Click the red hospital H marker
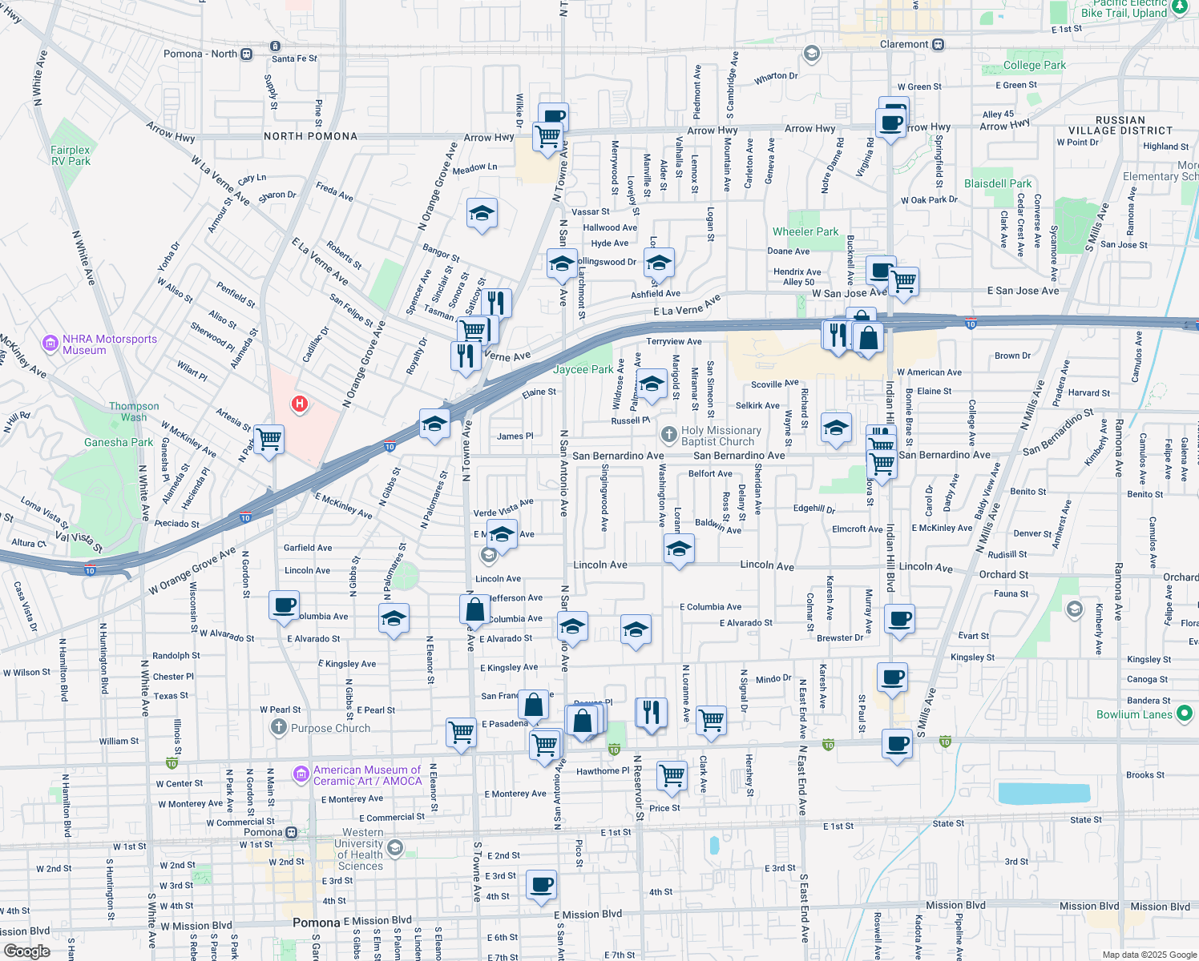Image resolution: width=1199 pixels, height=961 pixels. point(300,404)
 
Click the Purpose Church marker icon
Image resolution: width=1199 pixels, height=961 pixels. point(278,727)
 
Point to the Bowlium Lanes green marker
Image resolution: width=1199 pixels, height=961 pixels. point(1185,713)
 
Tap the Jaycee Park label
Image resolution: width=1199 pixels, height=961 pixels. point(583,369)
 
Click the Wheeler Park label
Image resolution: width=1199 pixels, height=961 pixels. point(805,231)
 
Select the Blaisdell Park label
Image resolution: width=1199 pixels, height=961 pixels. point(997,183)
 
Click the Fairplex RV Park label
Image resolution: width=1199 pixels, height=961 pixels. point(71,155)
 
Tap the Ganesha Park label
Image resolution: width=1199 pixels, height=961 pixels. point(119,442)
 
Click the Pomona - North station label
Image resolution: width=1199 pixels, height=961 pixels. point(200,54)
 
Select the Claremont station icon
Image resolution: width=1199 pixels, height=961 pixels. point(938,45)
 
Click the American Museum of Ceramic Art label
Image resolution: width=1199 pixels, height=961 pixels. point(367,775)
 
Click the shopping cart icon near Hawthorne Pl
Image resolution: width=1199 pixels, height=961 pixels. point(672,774)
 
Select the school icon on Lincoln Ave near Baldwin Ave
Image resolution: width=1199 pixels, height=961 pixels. point(679,549)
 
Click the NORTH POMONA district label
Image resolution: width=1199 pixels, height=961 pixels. point(310,136)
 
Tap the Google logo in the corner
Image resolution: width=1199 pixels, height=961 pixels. point(27,951)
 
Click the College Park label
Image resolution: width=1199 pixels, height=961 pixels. point(1034,65)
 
